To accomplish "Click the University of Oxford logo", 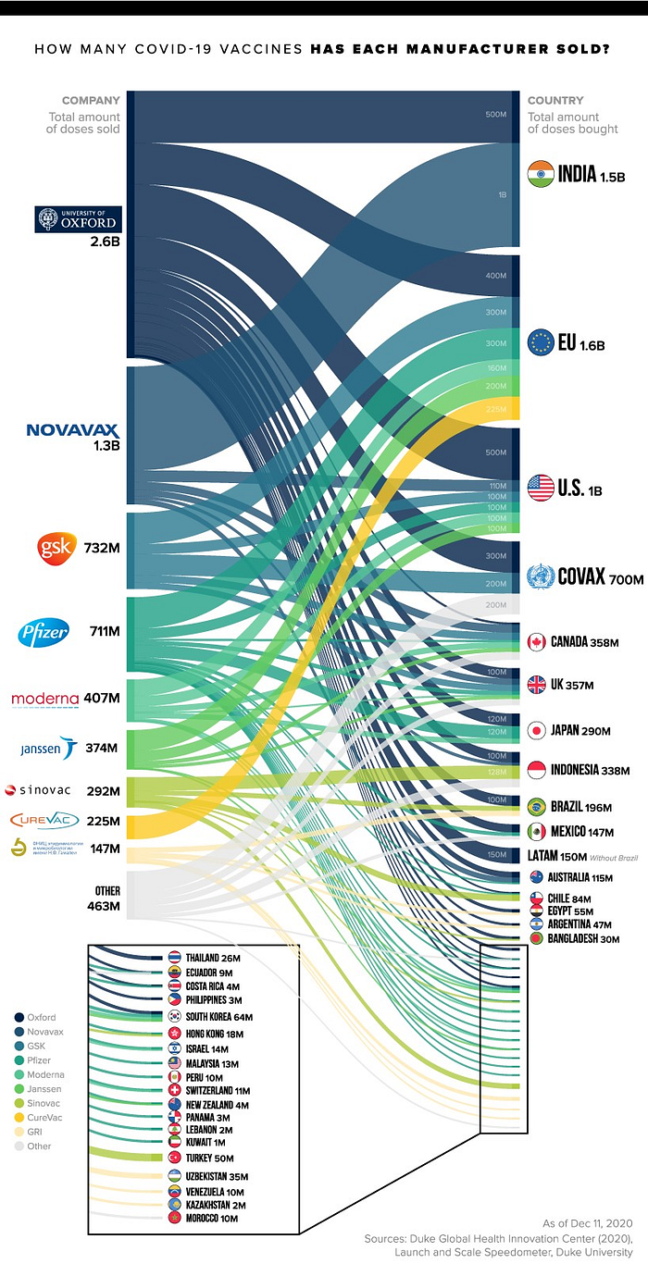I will [77, 219].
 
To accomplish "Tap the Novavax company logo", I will [73, 429].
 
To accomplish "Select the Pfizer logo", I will [44, 634].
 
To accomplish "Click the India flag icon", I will [541, 174].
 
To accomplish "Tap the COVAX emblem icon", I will [540, 578].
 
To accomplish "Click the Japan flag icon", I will [536, 730].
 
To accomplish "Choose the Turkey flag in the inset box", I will [175, 1158].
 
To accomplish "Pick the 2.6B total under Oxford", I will [105, 243].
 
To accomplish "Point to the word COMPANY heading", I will [91, 100].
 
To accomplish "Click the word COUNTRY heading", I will [555, 100].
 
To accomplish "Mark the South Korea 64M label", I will [218, 1017].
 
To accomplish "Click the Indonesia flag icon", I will [536, 769].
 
